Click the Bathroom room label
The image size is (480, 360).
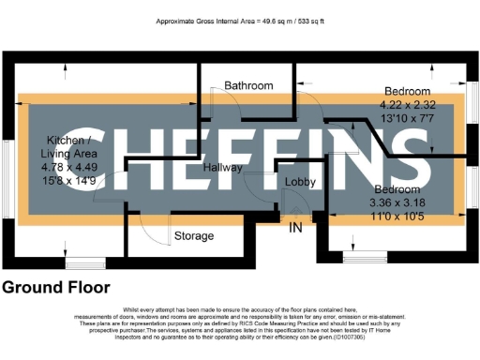(x=248, y=86)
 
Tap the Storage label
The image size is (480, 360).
(x=194, y=236)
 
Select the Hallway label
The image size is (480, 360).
(x=223, y=168)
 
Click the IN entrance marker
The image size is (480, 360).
(x=295, y=228)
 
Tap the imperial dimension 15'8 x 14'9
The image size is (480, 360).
(x=64, y=179)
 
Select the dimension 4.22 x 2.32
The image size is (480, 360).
(x=407, y=104)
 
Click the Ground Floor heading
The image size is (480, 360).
(x=56, y=288)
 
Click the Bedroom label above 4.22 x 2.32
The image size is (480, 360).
(x=407, y=91)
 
